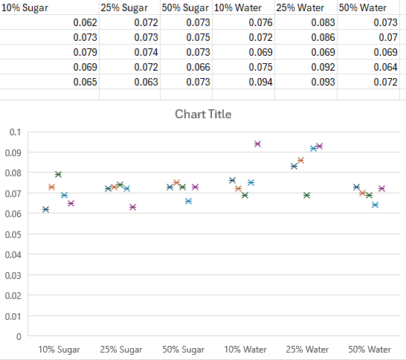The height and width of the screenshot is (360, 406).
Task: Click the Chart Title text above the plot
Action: (x=203, y=114)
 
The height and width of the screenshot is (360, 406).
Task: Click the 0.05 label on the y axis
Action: (x=13, y=234)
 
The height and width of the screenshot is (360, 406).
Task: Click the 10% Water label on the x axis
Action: (x=245, y=349)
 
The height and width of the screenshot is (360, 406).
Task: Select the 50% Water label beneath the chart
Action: (x=370, y=349)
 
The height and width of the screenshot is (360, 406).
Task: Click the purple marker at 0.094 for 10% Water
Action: (x=257, y=144)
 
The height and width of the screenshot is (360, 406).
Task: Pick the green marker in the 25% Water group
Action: (x=306, y=195)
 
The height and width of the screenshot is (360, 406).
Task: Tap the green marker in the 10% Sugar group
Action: (x=58, y=174)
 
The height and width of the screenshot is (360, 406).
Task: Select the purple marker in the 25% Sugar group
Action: (x=133, y=207)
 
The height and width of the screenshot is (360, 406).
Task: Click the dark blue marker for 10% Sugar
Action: (x=46, y=209)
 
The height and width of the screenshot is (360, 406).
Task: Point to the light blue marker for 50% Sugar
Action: (x=189, y=201)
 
